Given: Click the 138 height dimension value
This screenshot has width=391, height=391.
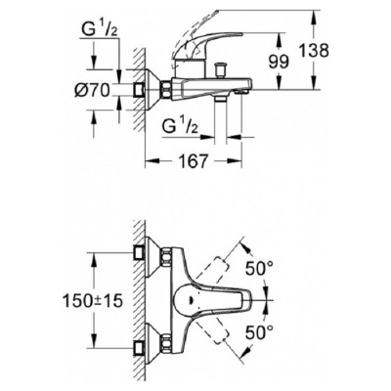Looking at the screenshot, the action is (315, 51).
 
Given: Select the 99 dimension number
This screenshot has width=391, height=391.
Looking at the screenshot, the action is (279, 62).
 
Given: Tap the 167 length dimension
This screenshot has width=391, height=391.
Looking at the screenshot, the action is (193, 160).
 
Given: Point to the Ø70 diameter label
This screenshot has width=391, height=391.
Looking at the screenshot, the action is (92, 89).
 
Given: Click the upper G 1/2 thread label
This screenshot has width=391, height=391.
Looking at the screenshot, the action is (97, 30).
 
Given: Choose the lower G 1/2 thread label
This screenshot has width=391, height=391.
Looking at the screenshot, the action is (180, 126).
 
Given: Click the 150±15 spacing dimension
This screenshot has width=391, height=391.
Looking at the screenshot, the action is (93, 301).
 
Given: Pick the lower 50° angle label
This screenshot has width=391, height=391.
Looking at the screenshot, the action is (259, 332).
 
